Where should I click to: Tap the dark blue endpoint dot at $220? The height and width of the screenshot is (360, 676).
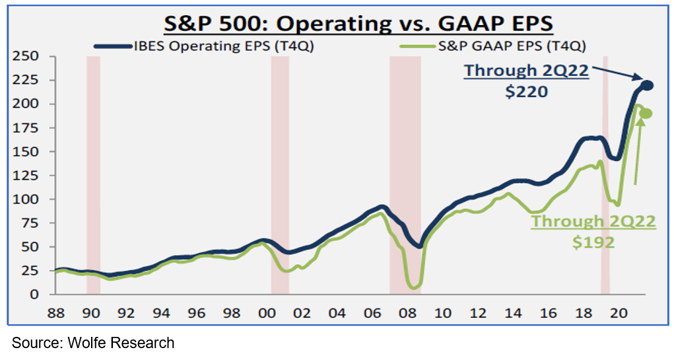click(x=648, y=85)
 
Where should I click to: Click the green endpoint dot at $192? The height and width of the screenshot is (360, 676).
click(x=647, y=114)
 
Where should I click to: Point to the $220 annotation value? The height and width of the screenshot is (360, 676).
click(x=526, y=92)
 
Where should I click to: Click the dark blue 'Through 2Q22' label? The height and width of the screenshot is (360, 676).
click(x=525, y=71)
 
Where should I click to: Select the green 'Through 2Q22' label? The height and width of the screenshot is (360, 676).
click(x=594, y=221)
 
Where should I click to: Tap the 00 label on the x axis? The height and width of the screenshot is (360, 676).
click(x=267, y=312)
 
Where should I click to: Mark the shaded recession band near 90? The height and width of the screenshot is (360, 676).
click(x=93, y=175)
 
